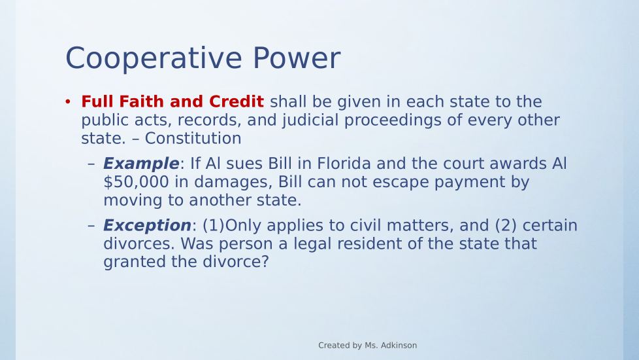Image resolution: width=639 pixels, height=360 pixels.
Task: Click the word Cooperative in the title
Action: click(x=154, y=59)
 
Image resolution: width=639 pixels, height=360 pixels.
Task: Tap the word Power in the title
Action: click(x=297, y=58)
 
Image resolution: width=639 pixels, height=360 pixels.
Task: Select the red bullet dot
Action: click(x=68, y=101)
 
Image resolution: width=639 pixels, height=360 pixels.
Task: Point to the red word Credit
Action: click(x=237, y=101)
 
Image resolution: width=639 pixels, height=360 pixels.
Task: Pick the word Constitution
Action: click(x=193, y=138)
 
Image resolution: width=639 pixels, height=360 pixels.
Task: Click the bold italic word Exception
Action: click(x=147, y=226)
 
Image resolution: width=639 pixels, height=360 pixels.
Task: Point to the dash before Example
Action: click(x=91, y=164)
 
